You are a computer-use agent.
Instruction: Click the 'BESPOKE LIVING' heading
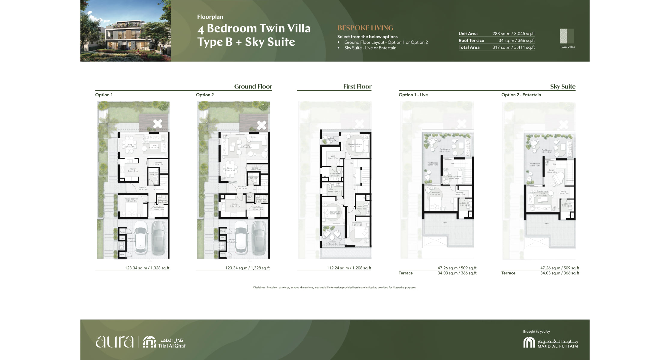[x=365, y=28]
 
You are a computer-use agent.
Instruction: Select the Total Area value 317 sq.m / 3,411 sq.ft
[x=513, y=47]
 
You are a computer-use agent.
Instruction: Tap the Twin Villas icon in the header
[x=567, y=36]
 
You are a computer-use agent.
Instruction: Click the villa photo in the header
[x=125, y=31]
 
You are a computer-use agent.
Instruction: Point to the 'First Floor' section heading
[x=357, y=86]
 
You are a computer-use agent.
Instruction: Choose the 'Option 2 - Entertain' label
[x=521, y=95]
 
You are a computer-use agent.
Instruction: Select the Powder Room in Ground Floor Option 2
[x=253, y=178]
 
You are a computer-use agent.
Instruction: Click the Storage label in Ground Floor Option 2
[x=255, y=169]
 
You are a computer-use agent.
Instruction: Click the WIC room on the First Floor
[x=333, y=157]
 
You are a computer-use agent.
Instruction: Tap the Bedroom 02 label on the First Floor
[x=357, y=223]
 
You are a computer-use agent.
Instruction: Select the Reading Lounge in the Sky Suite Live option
[x=454, y=177]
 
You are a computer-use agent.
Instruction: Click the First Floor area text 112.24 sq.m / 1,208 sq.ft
[x=349, y=268]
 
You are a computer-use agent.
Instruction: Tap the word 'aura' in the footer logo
[x=114, y=342]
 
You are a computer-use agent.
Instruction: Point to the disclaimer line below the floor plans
[x=334, y=287]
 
